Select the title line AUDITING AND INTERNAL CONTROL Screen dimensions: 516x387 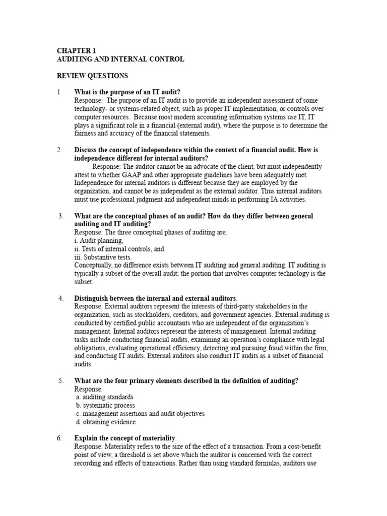(x=120, y=59)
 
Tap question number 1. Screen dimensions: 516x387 (x=59, y=92)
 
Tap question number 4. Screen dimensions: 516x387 (x=60, y=298)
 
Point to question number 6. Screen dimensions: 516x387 (x=59, y=438)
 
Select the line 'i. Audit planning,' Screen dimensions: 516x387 (x=98, y=241)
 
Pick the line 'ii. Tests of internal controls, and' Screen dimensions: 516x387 (x=119, y=249)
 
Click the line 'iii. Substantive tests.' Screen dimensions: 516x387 (x=103, y=257)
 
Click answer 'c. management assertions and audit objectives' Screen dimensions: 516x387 (x=140, y=414)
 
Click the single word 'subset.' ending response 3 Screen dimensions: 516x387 (x=84, y=282)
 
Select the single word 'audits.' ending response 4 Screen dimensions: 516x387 (x=84, y=364)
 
